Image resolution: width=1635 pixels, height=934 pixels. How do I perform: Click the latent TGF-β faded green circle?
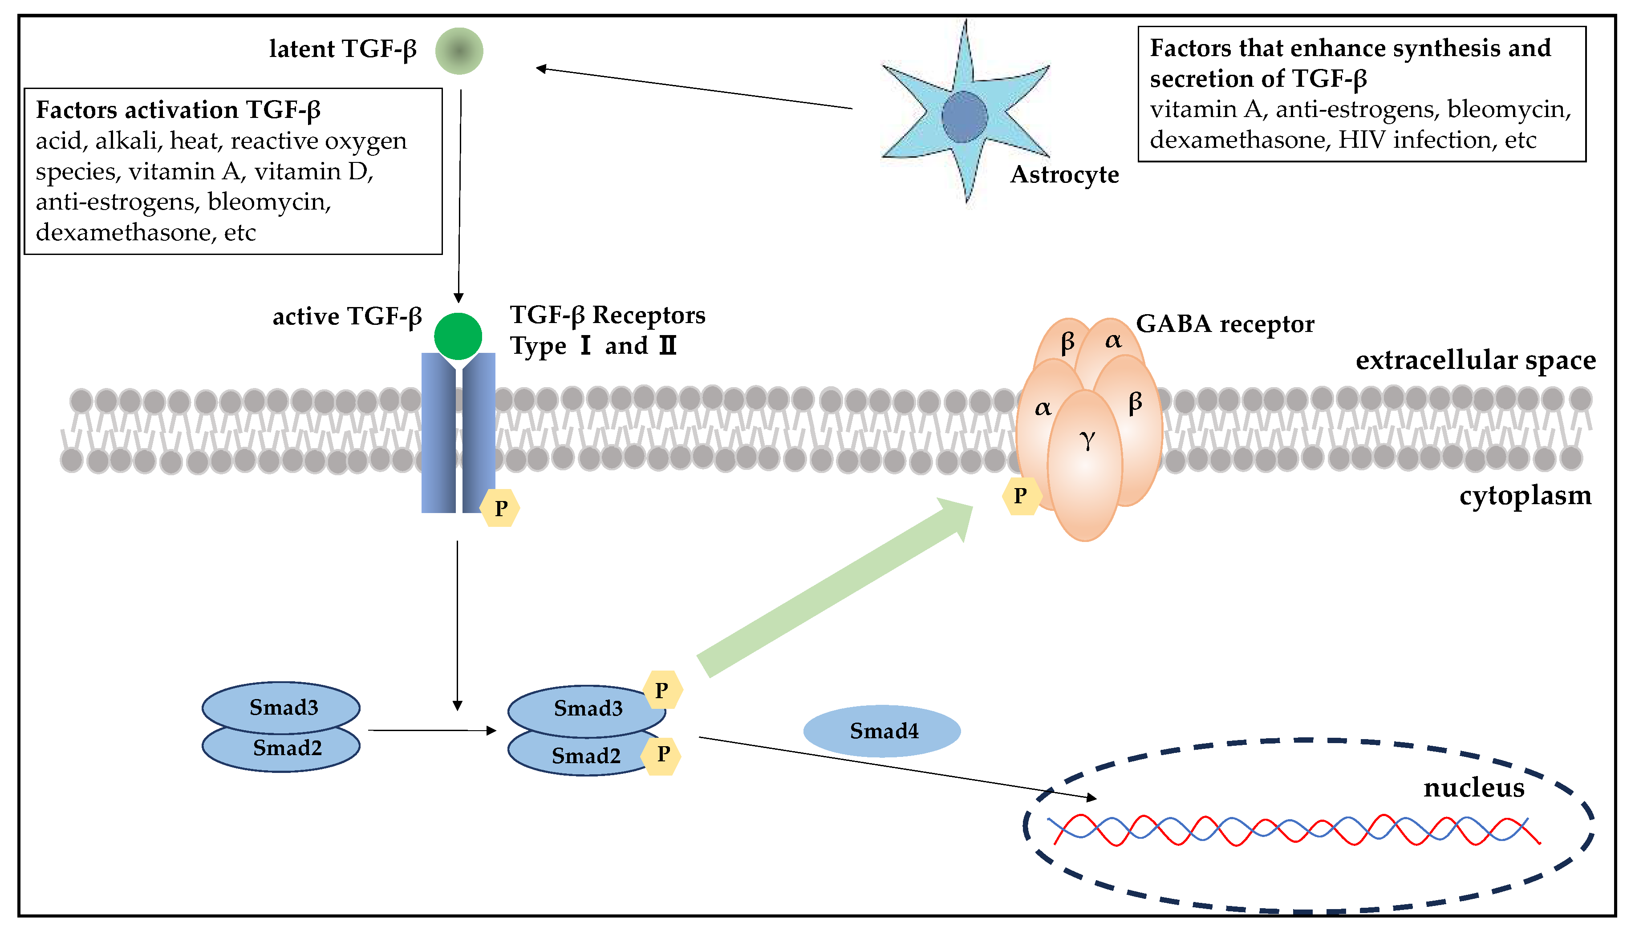pos(459,51)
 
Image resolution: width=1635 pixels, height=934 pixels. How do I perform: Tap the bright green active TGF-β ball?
pos(458,336)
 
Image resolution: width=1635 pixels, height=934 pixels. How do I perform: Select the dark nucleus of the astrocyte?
pos(964,117)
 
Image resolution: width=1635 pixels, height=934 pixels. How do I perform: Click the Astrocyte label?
pos(1064,174)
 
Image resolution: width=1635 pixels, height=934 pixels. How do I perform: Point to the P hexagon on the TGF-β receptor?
pos(500,508)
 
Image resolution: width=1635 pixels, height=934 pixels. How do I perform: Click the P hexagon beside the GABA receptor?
pos(1020,496)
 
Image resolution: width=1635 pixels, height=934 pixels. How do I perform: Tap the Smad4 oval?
pos(882,731)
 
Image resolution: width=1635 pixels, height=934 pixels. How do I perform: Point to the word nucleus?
pos(1473,788)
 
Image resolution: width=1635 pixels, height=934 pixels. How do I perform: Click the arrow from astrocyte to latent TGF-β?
pos(693,88)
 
